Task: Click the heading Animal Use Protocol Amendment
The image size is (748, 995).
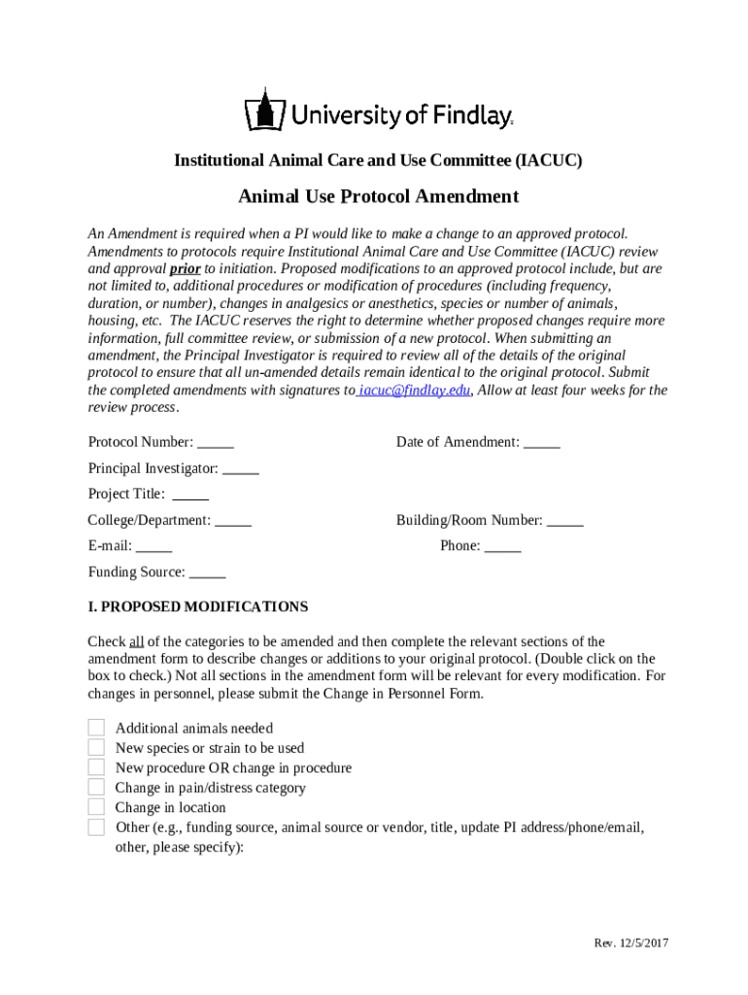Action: [x=379, y=197]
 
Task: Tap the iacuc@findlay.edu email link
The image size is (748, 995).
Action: [x=415, y=391]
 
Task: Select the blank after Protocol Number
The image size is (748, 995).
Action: [x=216, y=443]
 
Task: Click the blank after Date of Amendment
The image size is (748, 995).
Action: [x=542, y=443]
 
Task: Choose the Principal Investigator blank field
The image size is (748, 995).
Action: [x=241, y=469]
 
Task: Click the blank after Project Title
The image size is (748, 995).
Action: [x=190, y=495]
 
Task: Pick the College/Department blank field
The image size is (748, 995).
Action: [x=233, y=521]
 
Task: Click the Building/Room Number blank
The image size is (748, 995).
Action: [x=565, y=521]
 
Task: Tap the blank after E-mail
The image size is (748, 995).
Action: [x=154, y=546]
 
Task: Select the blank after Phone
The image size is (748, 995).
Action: [x=503, y=546]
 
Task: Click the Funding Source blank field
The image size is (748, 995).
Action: [x=207, y=572]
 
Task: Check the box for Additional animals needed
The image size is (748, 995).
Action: [x=96, y=728]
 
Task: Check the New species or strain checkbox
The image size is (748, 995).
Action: [x=96, y=748]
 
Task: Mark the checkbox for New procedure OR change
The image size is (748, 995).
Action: [x=96, y=768]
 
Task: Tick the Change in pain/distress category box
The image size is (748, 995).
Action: [x=96, y=788]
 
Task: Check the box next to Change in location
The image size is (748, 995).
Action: [x=96, y=807]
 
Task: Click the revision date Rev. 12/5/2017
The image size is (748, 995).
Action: [x=631, y=944]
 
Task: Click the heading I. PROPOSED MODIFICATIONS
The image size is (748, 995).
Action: [x=198, y=607]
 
